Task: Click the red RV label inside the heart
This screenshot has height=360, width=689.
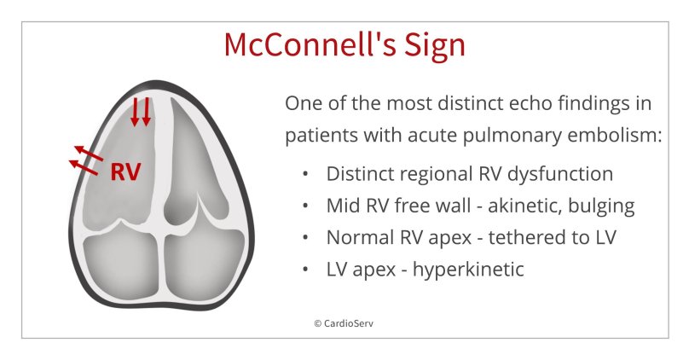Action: (125, 171)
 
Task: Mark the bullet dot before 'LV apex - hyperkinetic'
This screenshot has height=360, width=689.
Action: (304, 270)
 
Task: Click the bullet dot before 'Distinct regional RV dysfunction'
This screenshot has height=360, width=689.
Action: (304, 175)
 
